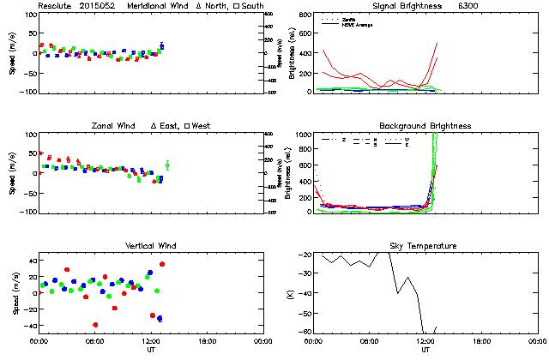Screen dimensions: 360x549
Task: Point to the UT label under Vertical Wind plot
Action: pos(150,350)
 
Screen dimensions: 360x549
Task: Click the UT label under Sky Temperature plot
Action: pos(425,350)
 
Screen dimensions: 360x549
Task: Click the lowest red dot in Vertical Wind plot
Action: pos(95,325)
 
